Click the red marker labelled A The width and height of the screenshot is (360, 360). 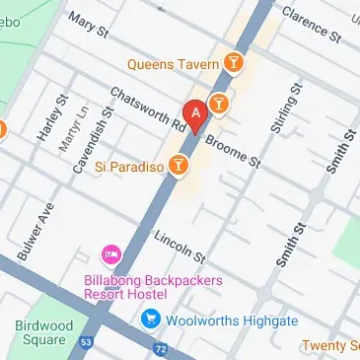195,114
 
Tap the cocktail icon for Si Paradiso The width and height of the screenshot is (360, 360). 179,165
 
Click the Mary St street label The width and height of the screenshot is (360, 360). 89,27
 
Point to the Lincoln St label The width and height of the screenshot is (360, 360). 180,247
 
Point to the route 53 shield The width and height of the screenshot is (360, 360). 86,341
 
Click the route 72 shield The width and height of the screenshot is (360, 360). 162,349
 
